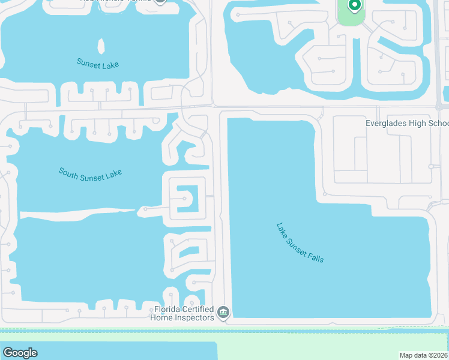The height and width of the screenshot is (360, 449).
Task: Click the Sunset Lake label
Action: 98,63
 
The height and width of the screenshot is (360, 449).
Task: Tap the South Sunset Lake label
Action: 90,173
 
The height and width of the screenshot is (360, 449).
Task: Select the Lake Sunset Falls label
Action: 300,242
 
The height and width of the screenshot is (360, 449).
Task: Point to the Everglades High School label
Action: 407,124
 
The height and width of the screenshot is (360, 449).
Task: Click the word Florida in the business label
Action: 168,310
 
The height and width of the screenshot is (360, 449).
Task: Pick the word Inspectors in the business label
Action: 194,317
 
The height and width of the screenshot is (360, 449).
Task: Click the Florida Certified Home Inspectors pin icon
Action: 223,312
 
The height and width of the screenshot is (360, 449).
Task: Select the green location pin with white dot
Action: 354,6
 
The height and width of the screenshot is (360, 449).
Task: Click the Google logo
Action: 20,353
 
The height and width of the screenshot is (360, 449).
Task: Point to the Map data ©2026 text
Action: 424,355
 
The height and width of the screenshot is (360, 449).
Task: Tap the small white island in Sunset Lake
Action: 101,47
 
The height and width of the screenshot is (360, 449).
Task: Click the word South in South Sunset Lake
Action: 68,172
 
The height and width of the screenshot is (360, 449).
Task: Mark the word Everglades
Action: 388,124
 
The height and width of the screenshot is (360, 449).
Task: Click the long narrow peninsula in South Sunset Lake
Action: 78,213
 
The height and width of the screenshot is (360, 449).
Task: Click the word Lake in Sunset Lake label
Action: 111,64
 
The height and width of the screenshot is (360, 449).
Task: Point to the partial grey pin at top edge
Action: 160,1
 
